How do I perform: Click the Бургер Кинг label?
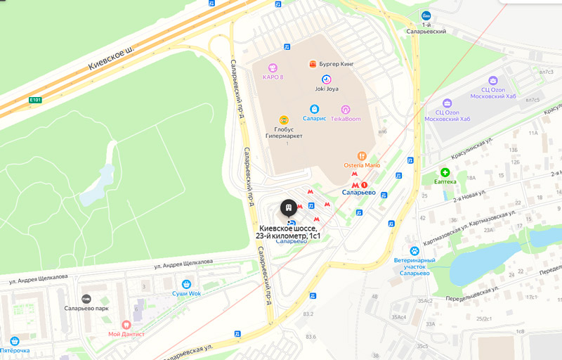[x=336, y=64]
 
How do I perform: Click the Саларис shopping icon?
[x=315, y=109]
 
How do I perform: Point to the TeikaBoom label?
[x=345, y=119]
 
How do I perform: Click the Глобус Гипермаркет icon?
[x=284, y=120]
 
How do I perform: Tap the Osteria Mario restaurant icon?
[x=362, y=155]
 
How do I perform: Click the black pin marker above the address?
[x=288, y=208]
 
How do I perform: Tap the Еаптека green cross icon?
[x=445, y=172]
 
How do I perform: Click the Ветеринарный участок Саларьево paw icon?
[x=415, y=250]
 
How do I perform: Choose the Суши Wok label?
[x=186, y=293]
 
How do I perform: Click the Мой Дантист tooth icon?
[x=126, y=325]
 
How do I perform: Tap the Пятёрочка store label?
[x=15, y=350]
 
